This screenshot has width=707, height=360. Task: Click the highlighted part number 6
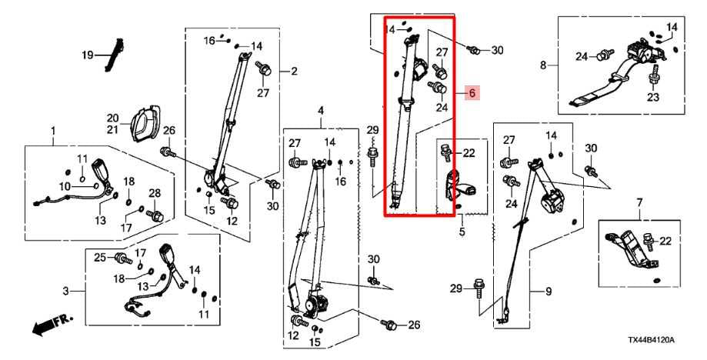pos(473,93)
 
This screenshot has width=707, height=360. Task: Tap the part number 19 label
pos(88,55)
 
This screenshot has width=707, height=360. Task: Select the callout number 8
pos(543,65)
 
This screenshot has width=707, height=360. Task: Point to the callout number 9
pos(549,291)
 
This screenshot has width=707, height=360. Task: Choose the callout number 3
pos(65,290)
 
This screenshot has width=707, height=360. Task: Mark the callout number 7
pos(639,202)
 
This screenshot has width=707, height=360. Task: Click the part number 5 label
pos(462,231)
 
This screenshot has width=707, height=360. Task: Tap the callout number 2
pos(293,72)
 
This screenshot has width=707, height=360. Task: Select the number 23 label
pos(653,98)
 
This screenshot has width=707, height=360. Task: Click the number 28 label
pos(154,192)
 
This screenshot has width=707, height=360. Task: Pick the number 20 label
pos(112,117)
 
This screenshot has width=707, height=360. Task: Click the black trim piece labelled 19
pos(115,55)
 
